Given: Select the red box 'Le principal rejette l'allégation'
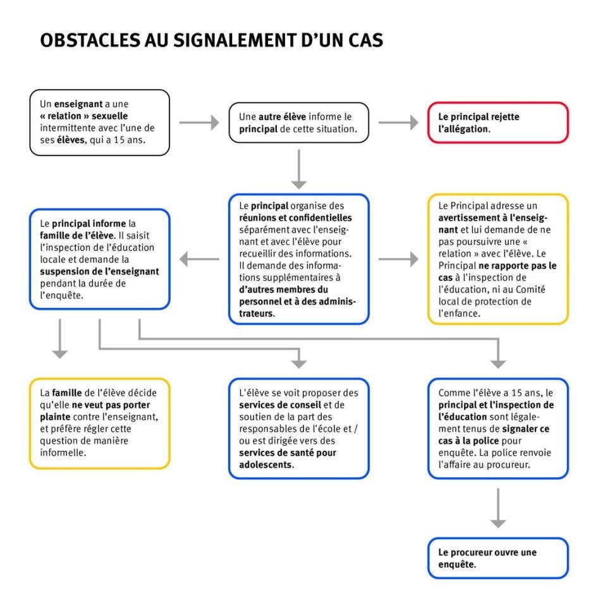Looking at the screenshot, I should coord(497,123).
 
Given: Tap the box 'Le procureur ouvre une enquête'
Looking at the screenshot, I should coord(497,558).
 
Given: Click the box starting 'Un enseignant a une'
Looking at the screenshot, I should coord(99,123).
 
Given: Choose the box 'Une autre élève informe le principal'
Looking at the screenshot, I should coord(298,123).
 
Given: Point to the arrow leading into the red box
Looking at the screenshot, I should coord(398,123).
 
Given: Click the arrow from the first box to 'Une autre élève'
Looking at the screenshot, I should coord(199,123).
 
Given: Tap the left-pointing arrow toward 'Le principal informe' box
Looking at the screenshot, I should coord(199,259).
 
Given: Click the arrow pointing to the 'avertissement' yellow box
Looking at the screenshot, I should coord(398,259).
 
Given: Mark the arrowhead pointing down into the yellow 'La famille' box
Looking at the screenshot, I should coord(59,353).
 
